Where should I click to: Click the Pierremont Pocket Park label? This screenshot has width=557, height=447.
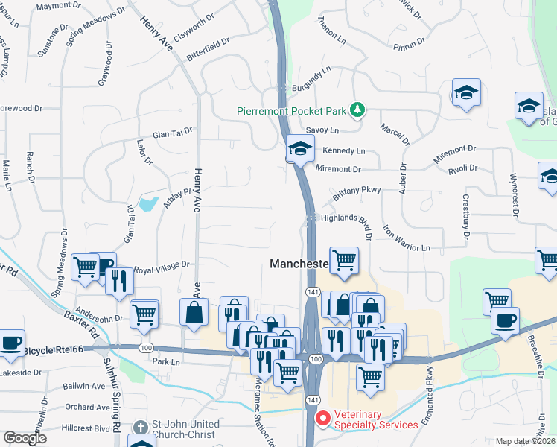point(293,111)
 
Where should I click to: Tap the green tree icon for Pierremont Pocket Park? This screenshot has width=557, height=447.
point(358,110)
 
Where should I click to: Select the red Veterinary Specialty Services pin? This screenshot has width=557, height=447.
point(322,418)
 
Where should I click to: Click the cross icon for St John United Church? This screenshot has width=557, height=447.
point(141,428)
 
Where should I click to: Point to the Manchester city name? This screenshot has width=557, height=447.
point(299,264)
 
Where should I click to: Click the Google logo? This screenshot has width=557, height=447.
point(25,438)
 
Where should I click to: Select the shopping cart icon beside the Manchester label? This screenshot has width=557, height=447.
point(344,260)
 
